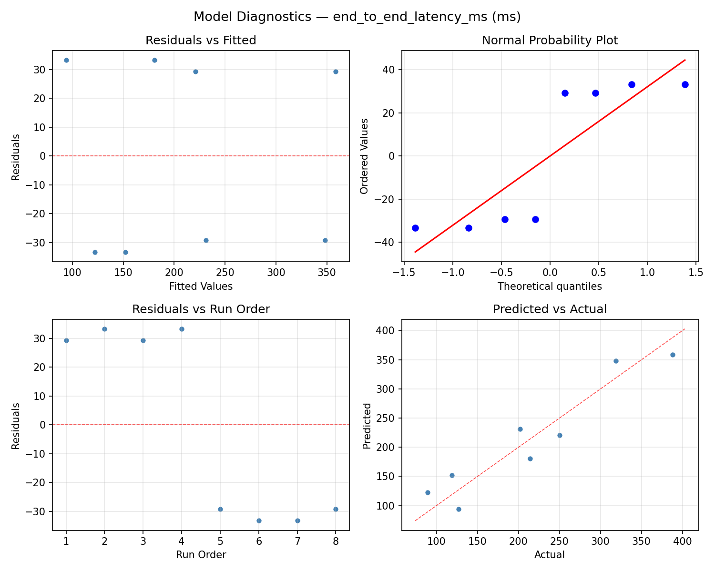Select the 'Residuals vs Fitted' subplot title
tap(201, 41)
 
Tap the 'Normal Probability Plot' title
tap(550, 41)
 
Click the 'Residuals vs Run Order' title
tap(201, 309)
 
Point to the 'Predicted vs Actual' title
tap(550, 309)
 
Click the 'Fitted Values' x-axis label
tap(201, 286)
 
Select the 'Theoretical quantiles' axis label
tap(550, 286)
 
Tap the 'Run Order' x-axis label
tap(201, 555)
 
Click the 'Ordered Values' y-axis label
tap(365, 156)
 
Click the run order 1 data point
tap(66, 340)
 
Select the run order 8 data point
tap(336, 509)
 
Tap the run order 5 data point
tap(220, 509)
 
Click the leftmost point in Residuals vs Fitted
tap(66, 60)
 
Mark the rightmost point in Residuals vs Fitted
tap(336, 71)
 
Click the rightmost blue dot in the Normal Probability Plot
tap(685, 84)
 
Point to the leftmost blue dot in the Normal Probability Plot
tap(415, 228)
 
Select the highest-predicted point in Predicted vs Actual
tap(673, 355)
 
